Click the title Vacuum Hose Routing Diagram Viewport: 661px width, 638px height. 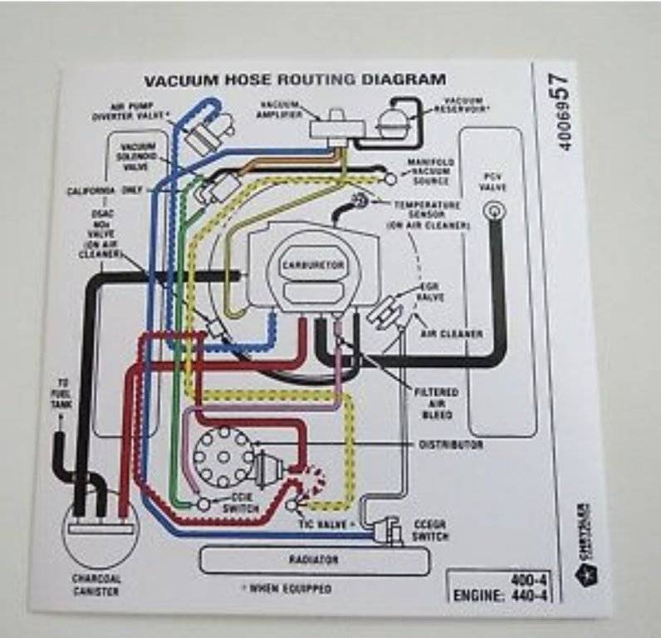[x=295, y=81]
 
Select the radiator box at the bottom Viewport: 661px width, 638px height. [x=313, y=560]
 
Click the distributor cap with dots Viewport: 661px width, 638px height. [x=223, y=454]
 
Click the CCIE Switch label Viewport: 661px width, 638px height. [x=241, y=503]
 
